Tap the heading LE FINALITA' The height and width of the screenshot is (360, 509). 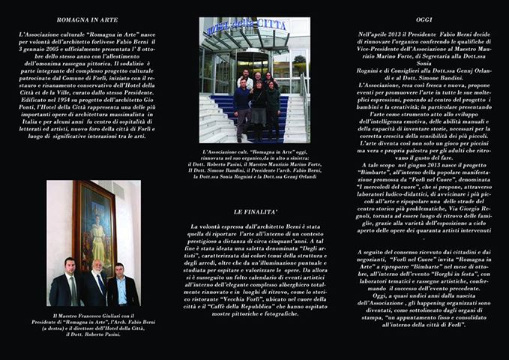click(255, 212)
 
